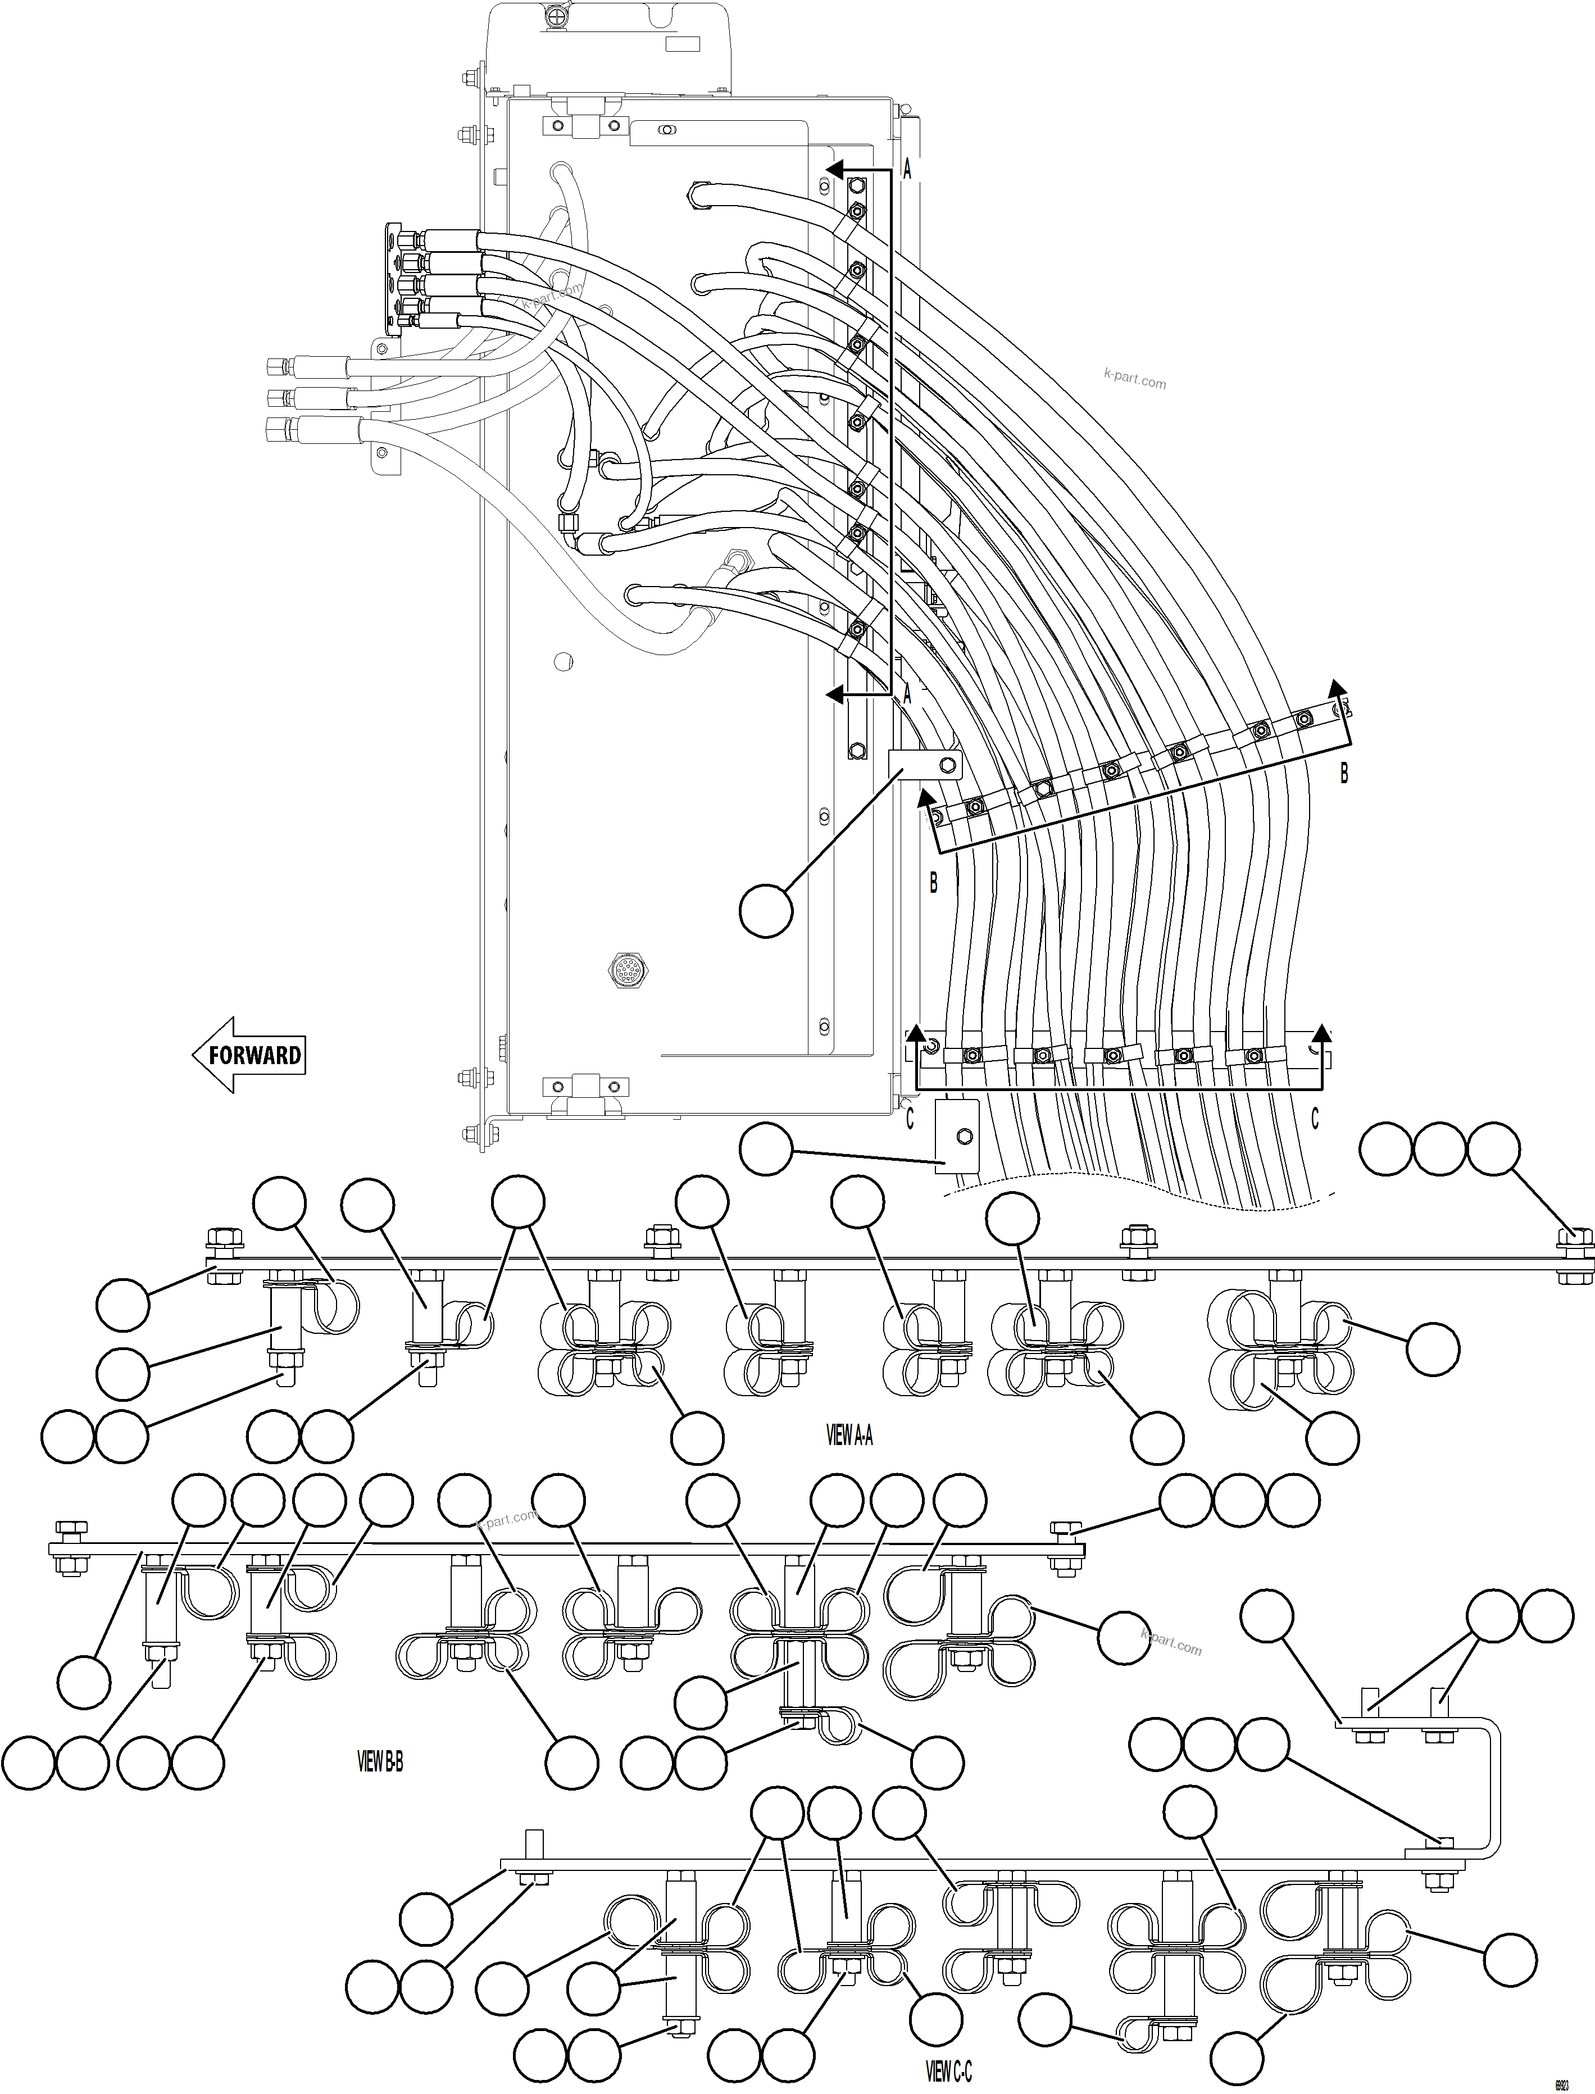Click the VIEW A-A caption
point(849,1435)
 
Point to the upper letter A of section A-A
point(907,171)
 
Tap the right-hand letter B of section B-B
point(1343,774)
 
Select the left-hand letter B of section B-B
point(933,883)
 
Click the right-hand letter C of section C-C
point(1315,1120)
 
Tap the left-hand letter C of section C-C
point(910,1120)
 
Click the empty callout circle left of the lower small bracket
point(765,1151)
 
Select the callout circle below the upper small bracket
point(765,911)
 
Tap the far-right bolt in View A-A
point(1575,1238)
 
